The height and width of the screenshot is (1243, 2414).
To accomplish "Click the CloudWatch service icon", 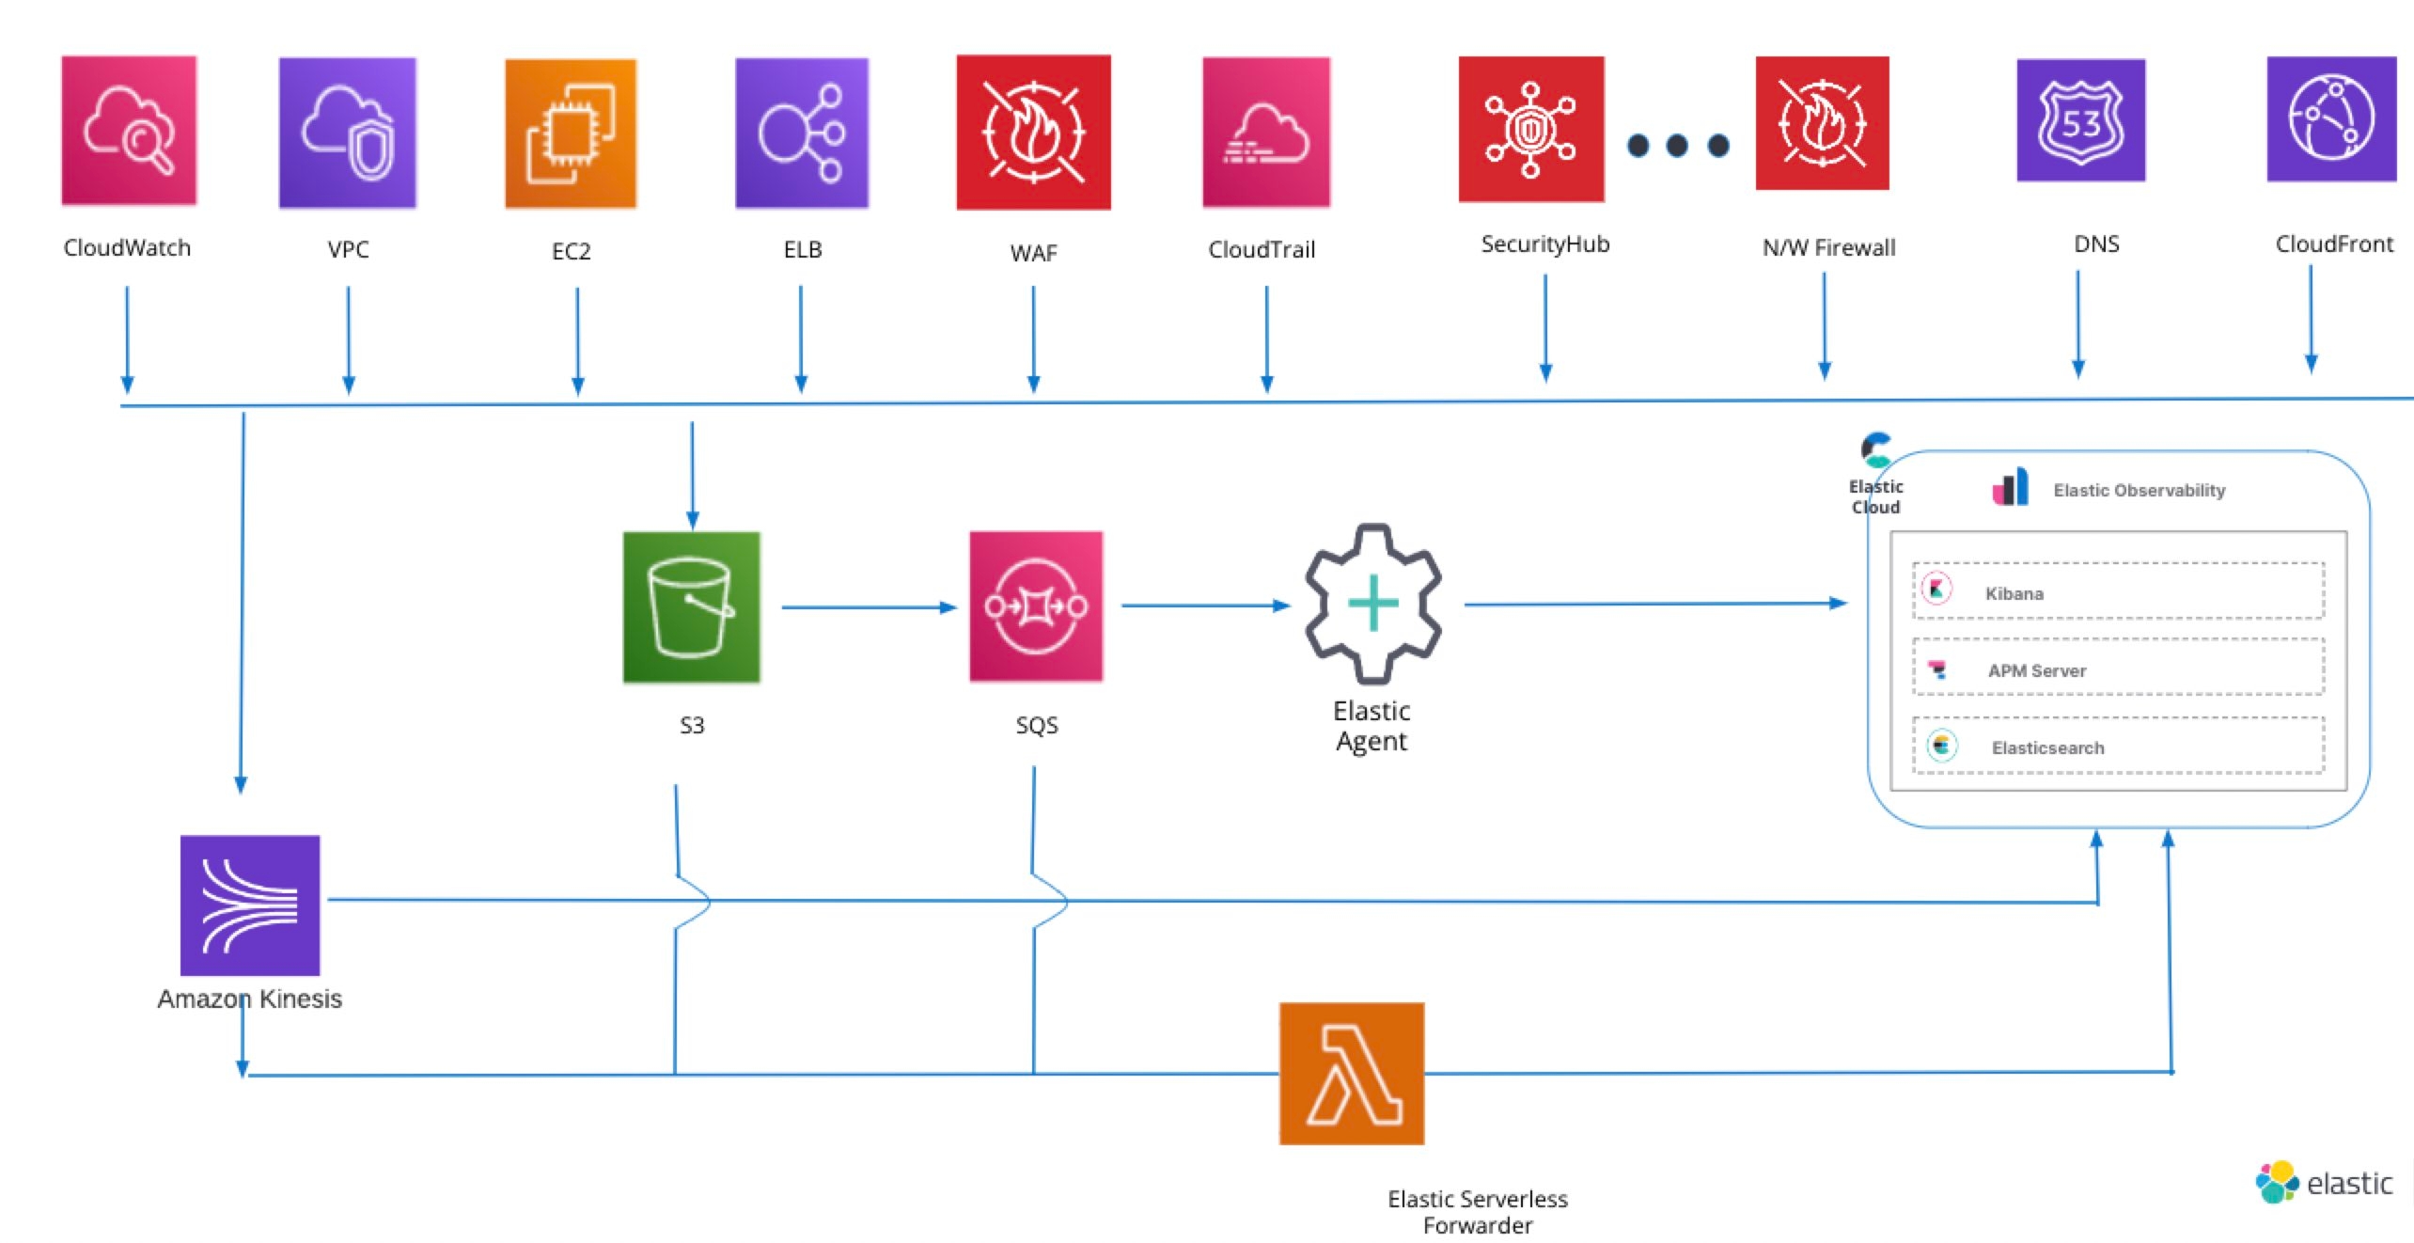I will click(x=129, y=130).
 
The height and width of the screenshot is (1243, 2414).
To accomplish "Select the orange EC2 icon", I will click(x=571, y=134).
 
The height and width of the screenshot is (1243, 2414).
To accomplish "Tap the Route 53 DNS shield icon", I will click(x=2080, y=120).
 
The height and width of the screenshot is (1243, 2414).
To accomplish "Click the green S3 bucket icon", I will click(x=691, y=607).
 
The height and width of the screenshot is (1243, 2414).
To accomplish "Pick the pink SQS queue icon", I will click(x=1036, y=606).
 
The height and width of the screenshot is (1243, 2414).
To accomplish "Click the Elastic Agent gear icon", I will click(x=1372, y=604).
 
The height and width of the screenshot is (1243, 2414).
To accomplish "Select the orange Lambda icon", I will click(x=1351, y=1074).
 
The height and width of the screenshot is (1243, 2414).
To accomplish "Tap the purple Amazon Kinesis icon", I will click(x=250, y=905).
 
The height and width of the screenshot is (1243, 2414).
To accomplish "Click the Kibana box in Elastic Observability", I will click(x=2118, y=591).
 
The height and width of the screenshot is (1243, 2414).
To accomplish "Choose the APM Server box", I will click(x=2118, y=669).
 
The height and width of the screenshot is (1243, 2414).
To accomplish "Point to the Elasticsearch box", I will click(x=2118, y=747).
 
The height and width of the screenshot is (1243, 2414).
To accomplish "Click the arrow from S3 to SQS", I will click(x=868, y=607).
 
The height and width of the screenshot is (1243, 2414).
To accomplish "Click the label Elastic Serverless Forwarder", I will click(x=1477, y=1212).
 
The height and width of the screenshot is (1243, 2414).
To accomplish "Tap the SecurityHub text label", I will click(x=1544, y=244).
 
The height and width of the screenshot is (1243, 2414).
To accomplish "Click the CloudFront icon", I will click(x=2331, y=119).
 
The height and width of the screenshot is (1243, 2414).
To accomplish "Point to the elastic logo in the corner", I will click(x=2323, y=1182).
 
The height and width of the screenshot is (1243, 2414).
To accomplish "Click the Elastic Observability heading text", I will click(x=2139, y=491).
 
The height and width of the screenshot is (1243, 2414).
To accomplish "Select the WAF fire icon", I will click(x=1033, y=133).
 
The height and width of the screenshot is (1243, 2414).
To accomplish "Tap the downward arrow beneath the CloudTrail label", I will click(x=1266, y=338).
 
